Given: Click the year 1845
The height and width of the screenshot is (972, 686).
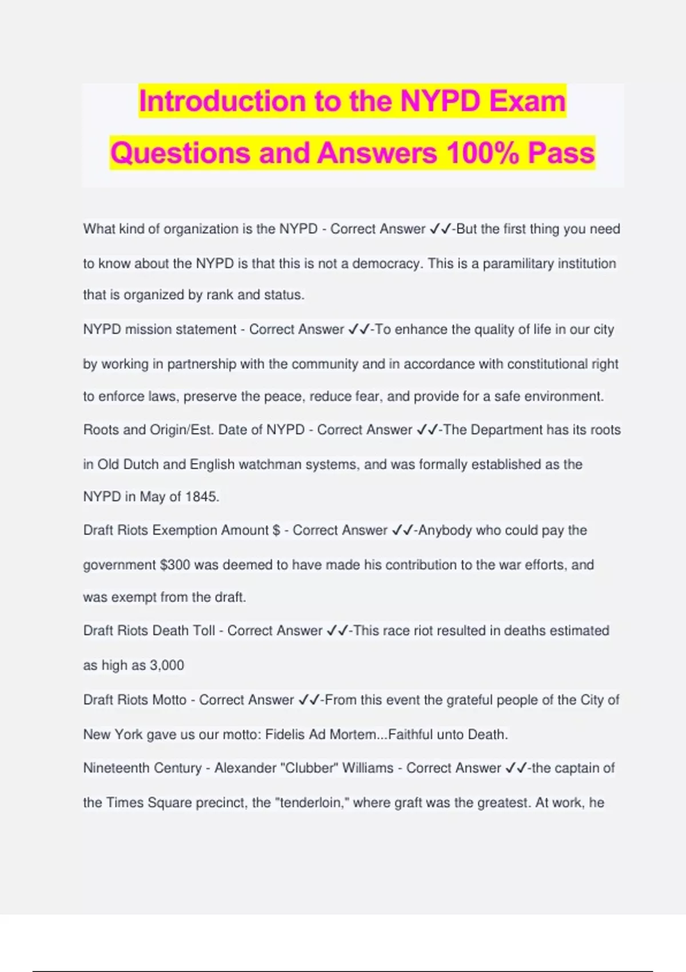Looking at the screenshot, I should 202,497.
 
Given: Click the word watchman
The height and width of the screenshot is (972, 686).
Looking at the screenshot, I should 270,464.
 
